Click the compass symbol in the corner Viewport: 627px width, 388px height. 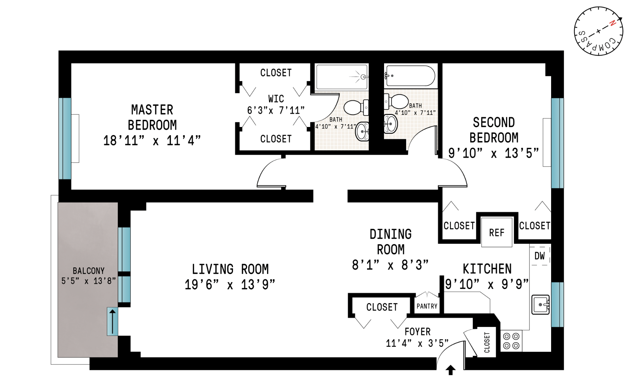coord(598,31)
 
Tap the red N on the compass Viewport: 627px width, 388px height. coord(612,23)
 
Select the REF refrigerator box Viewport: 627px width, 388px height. coord(496,233)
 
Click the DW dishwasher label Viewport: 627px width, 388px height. coord(539,256)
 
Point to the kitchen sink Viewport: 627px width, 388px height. coord(540,304)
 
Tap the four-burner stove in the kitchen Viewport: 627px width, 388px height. coord(511,341)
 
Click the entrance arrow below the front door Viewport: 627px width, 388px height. coord(450,370)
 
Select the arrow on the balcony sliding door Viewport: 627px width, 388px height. coord(112,321)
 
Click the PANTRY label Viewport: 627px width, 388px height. coord(427,306)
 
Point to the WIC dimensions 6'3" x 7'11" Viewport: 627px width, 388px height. coord(276,110)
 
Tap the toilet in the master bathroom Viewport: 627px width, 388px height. coord(356,107)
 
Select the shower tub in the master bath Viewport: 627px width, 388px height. coord(342,77)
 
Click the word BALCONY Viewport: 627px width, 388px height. coord(88,271)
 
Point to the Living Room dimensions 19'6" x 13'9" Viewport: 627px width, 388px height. coord(229,284)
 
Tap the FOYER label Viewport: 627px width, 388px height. coord(417,332)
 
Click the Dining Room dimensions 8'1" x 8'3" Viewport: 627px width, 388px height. coord(390,265)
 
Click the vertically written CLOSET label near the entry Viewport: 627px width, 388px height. coord(487,342)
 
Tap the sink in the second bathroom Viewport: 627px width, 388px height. coord(390,124)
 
